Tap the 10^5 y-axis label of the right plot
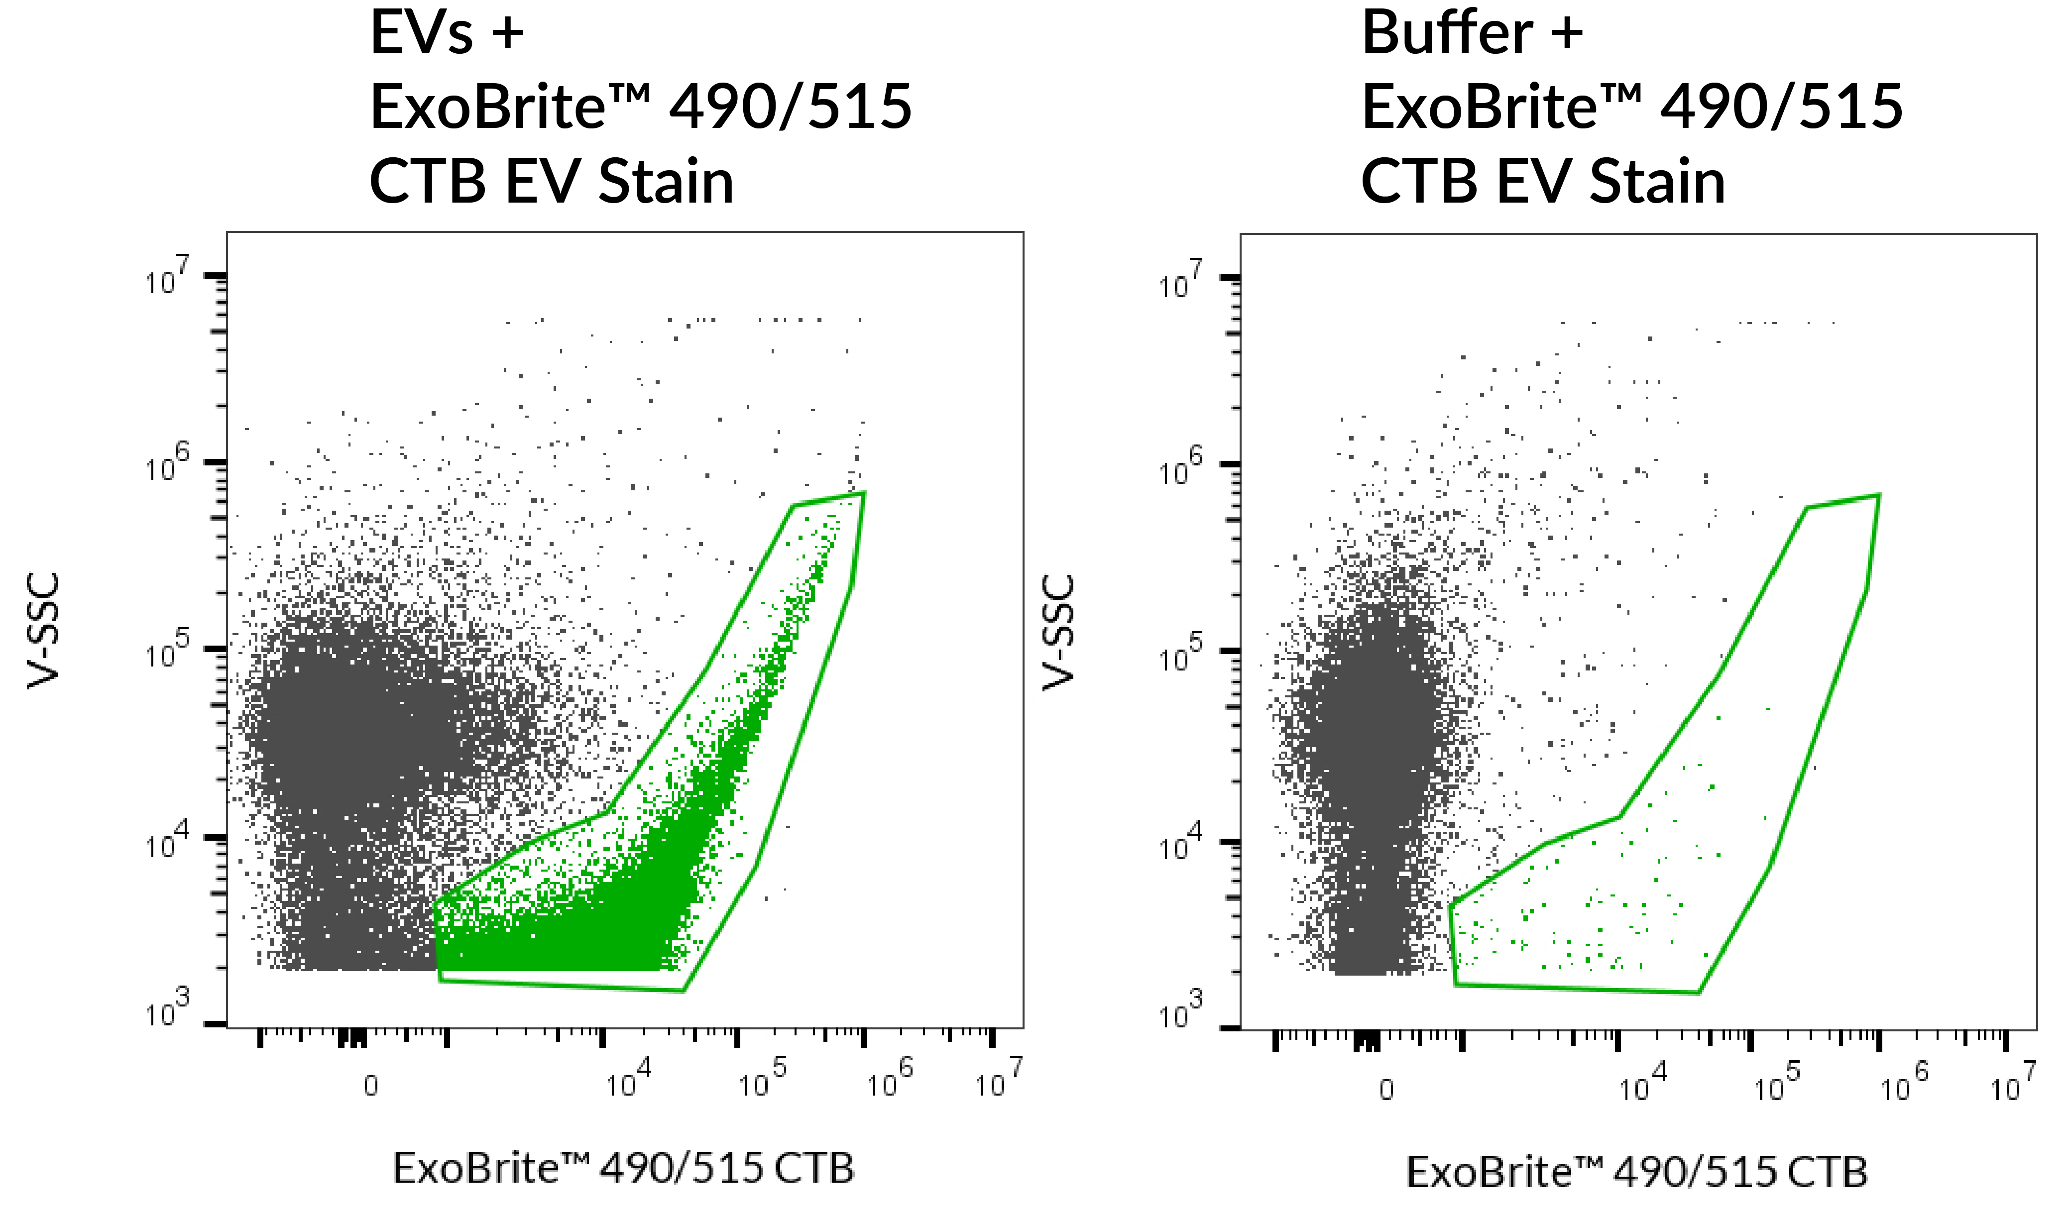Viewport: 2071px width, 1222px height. tap(1180, 654)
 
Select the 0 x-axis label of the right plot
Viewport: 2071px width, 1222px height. tap(1386, 1090)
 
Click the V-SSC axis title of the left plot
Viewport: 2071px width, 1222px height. tap(43, 630)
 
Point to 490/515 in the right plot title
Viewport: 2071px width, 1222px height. tap(1781, 107)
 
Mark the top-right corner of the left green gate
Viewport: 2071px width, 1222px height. tap(864, 493)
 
